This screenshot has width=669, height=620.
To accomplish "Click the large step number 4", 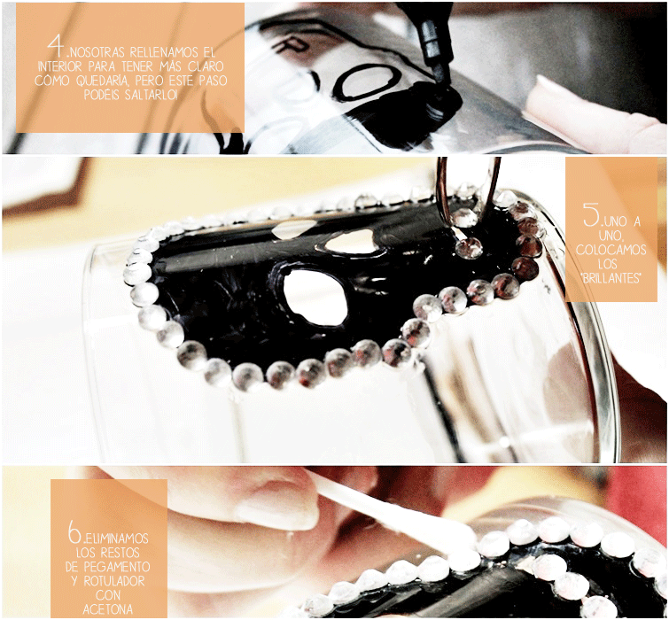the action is [56, 46].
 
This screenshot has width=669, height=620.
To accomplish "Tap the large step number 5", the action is [592, 214].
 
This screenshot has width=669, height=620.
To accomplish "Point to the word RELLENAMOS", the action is [164, 52].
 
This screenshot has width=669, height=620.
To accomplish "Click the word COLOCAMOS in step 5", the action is [611, 250].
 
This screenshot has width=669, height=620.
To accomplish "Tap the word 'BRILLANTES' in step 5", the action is [611, 278].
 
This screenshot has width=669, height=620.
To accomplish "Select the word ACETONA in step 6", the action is [107, 609].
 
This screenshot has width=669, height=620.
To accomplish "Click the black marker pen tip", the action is [442, 83].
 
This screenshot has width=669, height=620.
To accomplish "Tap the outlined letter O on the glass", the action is [370, 81].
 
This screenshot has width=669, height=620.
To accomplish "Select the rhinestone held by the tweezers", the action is [463, 217].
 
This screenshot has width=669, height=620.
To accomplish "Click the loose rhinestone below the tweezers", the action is [469, 248].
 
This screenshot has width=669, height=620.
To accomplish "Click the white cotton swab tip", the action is [452, 534].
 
